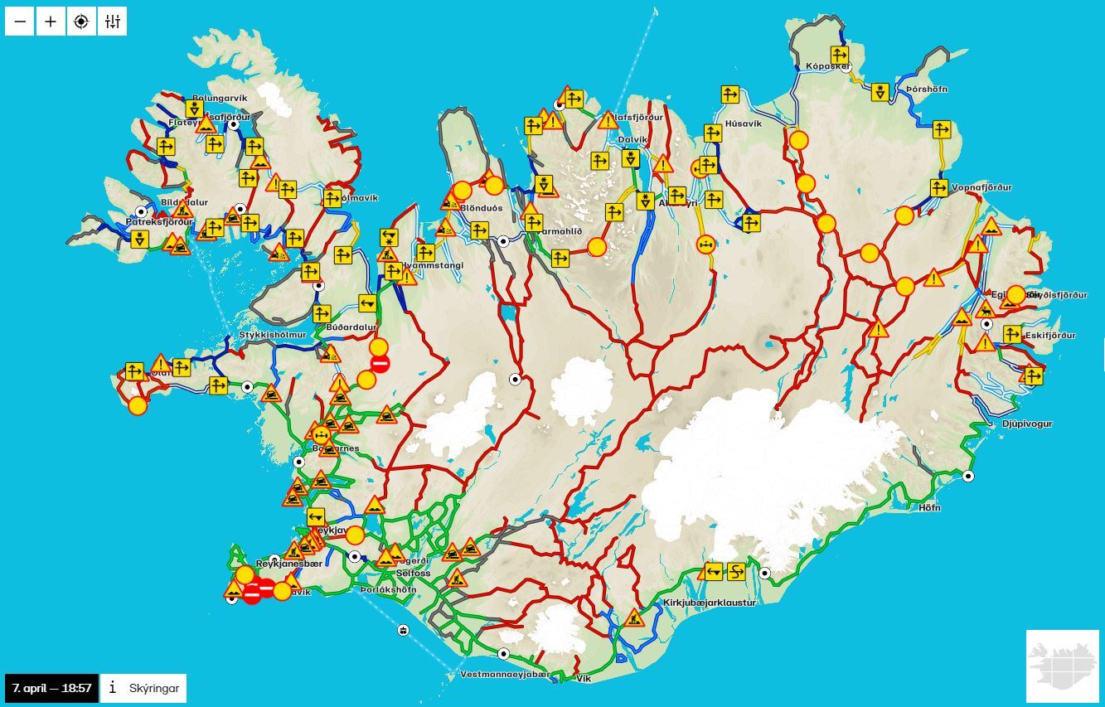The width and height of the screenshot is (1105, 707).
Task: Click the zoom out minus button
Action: click(x=20, y=22)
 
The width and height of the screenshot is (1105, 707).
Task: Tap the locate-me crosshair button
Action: click(x=81, y=22)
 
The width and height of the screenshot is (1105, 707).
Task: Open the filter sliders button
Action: click(x=112, y=22)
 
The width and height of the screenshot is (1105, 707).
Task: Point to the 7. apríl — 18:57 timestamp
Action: click(x=51, y=688)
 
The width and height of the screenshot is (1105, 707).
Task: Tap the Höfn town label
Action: click(x=929, y=508)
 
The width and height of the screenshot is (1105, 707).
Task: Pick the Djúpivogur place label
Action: click(x=1026, y=424)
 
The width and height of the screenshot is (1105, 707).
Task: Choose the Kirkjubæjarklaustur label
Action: click(x=710, y=603)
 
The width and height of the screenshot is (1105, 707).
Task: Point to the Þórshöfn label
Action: click(x=926, y=89)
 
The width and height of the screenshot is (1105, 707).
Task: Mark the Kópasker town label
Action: click(x=827, y=65)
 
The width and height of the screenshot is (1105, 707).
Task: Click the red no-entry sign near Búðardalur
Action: click(x=380, y=363)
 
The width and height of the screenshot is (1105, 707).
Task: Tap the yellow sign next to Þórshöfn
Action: click(x=880, y=92)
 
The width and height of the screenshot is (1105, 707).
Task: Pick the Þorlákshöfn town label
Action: click(x=388, y=589)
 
